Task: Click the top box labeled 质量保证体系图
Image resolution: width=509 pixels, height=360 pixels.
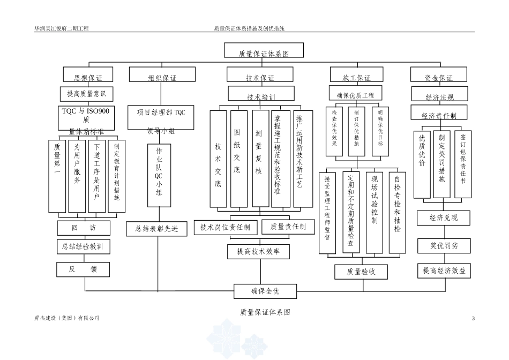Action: click(x=264, y=51)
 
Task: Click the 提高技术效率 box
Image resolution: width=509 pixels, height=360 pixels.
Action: click(x=259, y=250)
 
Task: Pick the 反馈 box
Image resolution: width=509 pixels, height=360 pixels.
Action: click(x=83, y=269)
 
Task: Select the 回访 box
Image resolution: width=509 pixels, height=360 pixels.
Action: click(x=84, y=228)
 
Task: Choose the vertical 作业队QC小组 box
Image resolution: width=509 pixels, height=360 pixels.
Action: click(x=159, y=174)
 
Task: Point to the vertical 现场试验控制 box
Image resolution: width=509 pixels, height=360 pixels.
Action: click(x=374, y=212)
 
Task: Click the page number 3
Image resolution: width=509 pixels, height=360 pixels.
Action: click(x=473, y=319)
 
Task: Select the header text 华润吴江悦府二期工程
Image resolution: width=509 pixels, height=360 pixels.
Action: click(x=62, y=28)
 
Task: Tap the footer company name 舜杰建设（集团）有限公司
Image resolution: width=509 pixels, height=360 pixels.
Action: click(x=67, y=318)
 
